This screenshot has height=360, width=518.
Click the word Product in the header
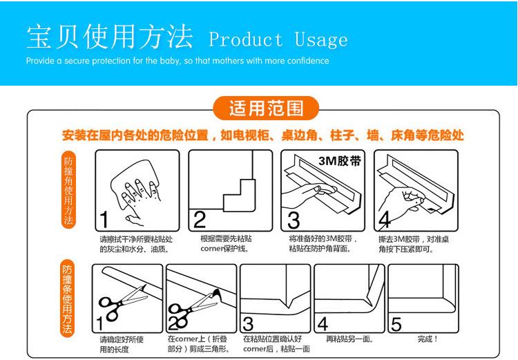pyautogui.click(x=246, y=39)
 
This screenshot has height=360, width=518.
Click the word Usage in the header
pyautogui.click(x=320, y=39)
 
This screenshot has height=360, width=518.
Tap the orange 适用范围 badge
pyautogui.click(x=266, y=108)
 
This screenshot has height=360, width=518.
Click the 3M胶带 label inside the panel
pyautogui.click(x=340, y=161)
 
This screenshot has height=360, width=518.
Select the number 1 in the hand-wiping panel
pyautogui.click(x=104, y=220)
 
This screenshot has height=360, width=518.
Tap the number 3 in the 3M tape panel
pyautogui.click(x=294, y=220)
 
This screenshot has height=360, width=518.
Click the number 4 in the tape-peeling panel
pyautogui.click(x=385, y=220)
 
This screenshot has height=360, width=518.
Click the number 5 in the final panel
pyautogui.click(x=396, y=324)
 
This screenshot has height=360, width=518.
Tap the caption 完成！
pyautogui.click(x=428, y=339)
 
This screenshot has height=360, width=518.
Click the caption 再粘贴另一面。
pyautogui.click(x=349, y=339)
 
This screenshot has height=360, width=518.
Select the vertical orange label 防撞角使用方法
pyautogui.click(x=68, y=190)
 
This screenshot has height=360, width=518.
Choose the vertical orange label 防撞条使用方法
pyautogui.click(x=67, y=299)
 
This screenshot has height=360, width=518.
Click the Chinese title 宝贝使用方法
pyautogui.click(x=110, y=37)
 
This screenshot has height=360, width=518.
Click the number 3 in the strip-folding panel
pyautogui.click(x=248, y=324)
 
